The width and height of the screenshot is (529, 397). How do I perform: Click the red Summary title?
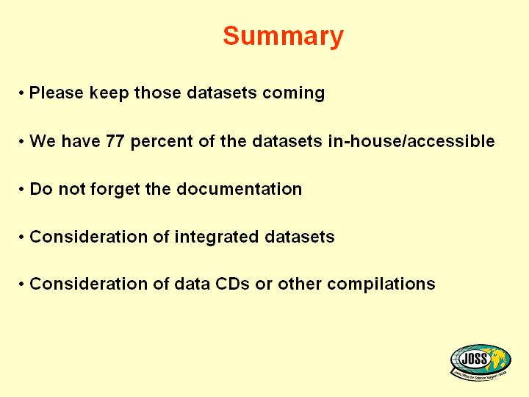coord(283,37)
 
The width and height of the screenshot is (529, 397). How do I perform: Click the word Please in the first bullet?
coord(57,92)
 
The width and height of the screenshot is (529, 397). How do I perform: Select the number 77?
coord(115,140)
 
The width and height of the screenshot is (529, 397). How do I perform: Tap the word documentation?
coord(240,189)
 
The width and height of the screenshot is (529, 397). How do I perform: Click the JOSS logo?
coord(481,362)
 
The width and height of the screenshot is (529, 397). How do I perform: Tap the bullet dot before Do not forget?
coord(21,190)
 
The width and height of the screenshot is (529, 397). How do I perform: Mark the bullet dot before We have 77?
coord(21,141)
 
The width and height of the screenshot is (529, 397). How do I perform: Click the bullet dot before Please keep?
coord(21,93)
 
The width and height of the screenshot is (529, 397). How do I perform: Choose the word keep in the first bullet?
coord(109,93)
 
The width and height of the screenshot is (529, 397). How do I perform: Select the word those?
coord(157,92)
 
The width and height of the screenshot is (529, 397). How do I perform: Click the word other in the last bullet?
coord(300,284)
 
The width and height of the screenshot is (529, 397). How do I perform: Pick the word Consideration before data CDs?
coord(88,284)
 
